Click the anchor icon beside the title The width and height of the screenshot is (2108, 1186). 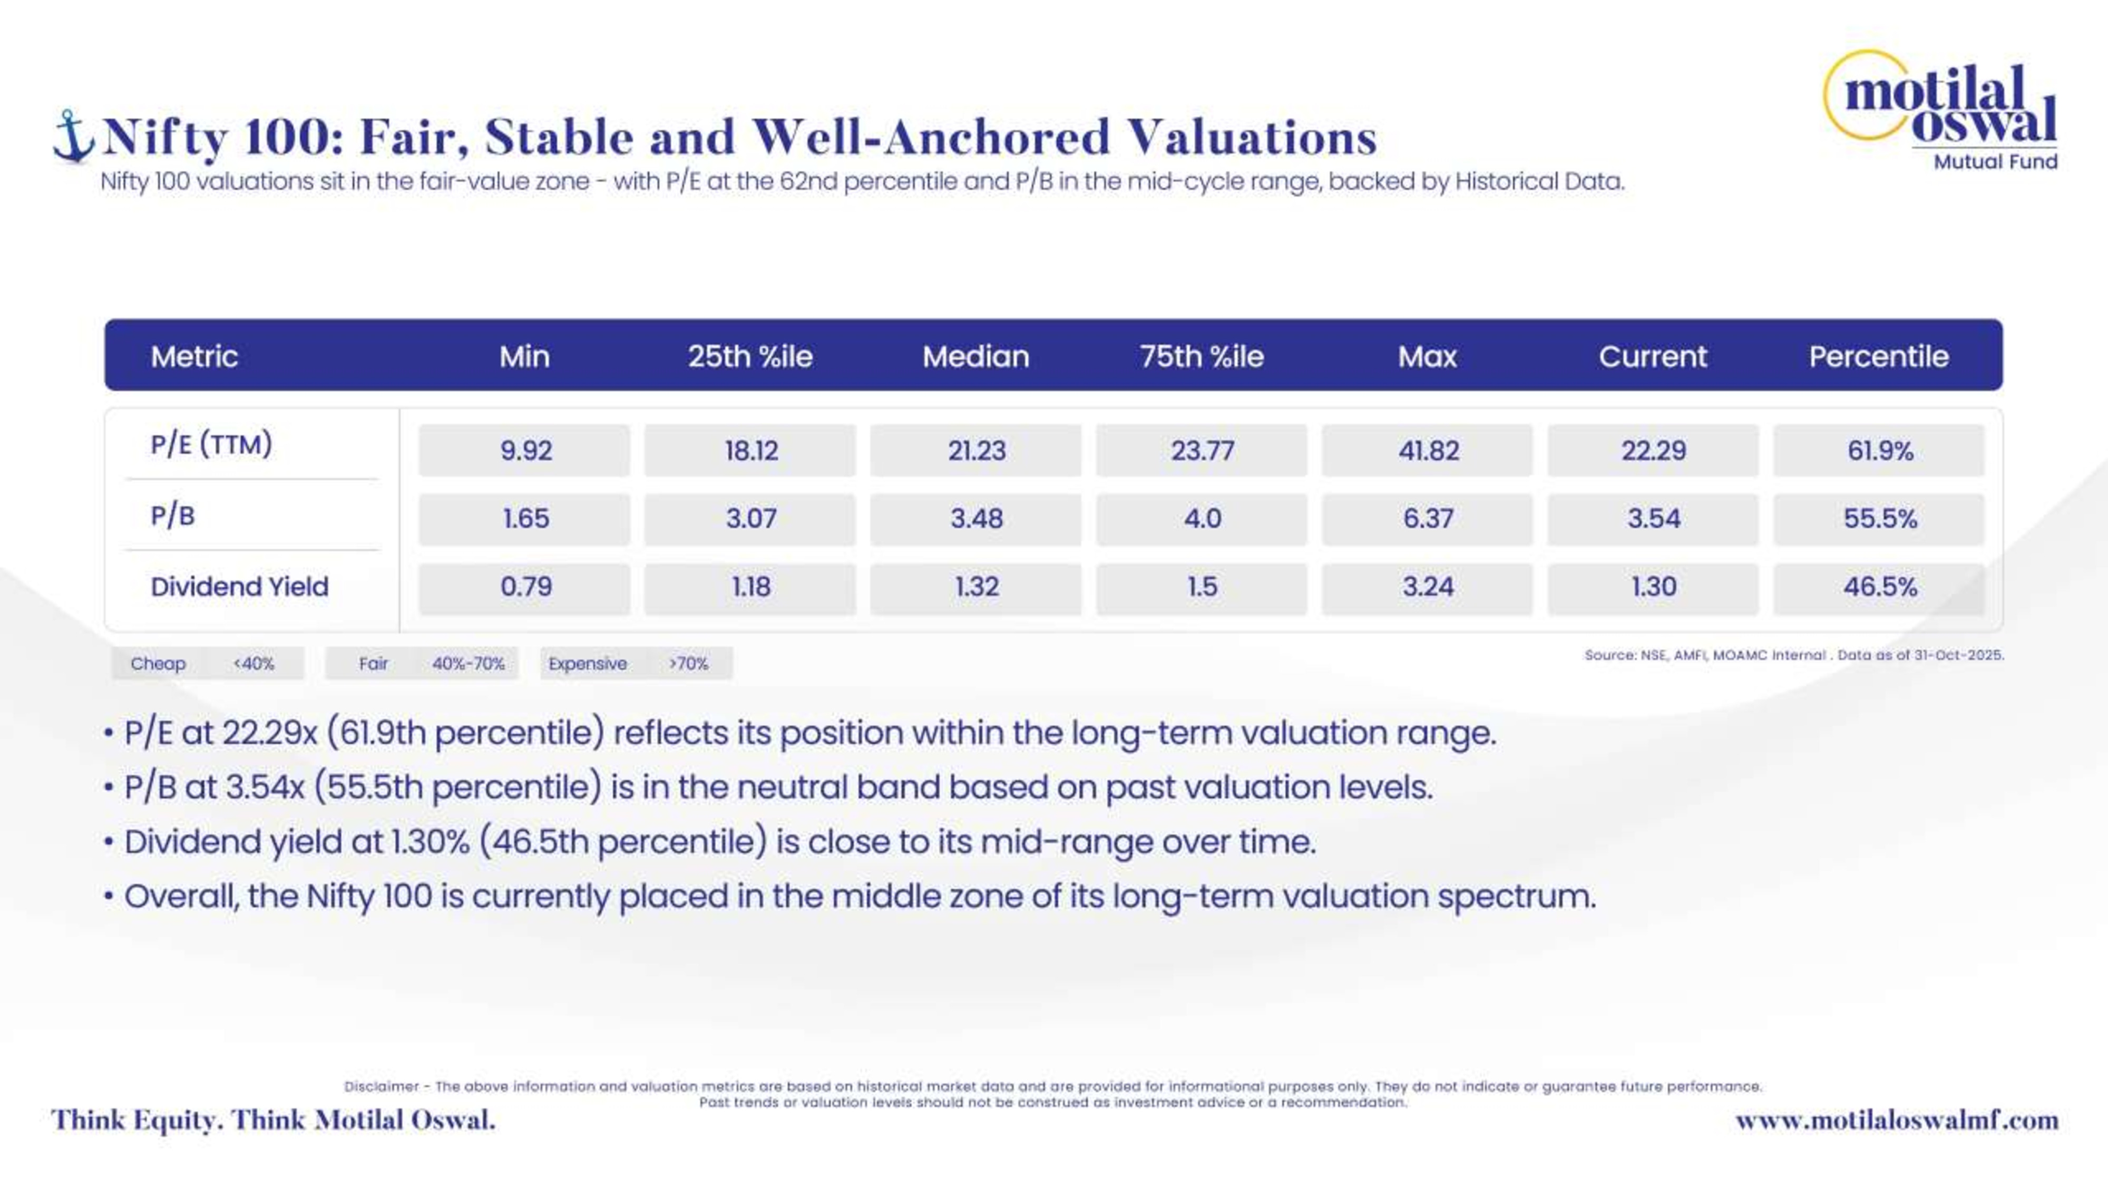tap(73, 136)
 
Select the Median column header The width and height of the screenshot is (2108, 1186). tap(975, 356)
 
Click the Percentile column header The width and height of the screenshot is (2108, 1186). tap(1879, 356)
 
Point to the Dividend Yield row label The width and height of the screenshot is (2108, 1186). tap(239, 586)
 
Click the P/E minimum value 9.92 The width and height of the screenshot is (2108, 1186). tap(525, 450)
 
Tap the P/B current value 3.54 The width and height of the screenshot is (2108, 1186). tap(1653, 518)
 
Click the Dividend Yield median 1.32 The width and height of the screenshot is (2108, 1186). tap(976, 587)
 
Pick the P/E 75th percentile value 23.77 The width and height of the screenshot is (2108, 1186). tap(1202, 450)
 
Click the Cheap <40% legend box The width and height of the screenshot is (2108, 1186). tap(207, 663)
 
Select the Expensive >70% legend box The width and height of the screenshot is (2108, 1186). tap(636, 663)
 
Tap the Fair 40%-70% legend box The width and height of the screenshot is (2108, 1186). tap(422, 663)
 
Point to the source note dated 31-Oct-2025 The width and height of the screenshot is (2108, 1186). tap(1794, 655)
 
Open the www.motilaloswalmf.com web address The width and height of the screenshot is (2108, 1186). tap(1897, 1120)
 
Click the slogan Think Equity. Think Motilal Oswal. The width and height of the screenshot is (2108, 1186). tap(274, 1120)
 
